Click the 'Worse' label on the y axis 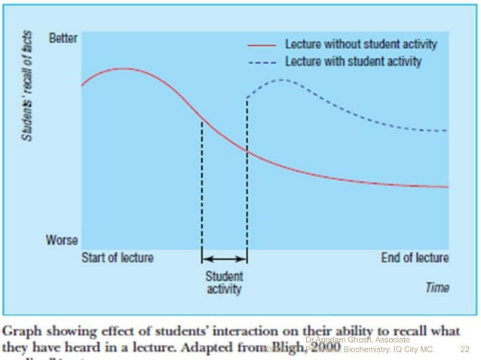tap(62, 241)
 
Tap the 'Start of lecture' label tap(117, 258)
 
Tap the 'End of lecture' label tap(415, 258)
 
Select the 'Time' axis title tap(437, 288)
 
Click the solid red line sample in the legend tap(261, 45)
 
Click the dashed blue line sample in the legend tap(261, 60)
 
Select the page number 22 tap(464, 349)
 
